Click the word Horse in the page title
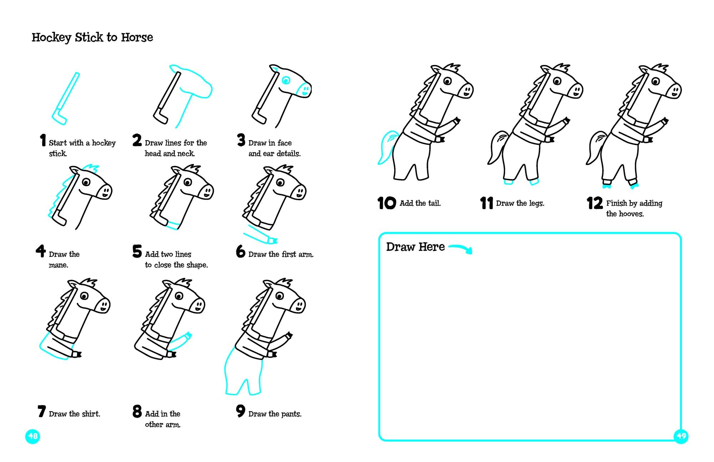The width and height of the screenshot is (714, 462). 137,37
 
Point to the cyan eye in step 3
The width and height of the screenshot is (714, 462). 286,81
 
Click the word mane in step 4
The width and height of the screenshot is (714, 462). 58,265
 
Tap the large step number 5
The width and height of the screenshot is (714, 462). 137,251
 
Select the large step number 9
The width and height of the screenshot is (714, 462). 241,411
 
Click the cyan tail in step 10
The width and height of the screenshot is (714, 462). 388,146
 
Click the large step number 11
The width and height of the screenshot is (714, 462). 486,203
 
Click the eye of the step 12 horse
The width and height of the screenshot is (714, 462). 655,81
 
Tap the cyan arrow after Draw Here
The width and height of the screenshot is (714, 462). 461,248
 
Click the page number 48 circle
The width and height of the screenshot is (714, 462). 32,436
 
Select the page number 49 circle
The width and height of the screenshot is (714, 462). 681,436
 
